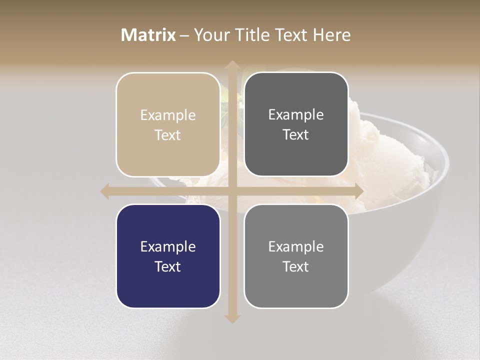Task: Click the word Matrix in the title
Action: tap(148, 35)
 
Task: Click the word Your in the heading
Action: tap(211, 35)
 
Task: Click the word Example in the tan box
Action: tap(168, 115)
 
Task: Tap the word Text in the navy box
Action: tap(168, 266)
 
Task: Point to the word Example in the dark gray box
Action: tap(296, 115)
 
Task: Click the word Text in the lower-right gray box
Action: tap(296, 266)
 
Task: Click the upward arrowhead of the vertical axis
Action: tap(232, 65)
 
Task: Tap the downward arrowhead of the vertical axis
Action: tap(232, 318)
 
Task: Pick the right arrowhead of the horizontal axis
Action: tap(358, 191)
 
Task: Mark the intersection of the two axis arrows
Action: tap(232, 191)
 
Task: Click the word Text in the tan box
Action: tap(168, 135)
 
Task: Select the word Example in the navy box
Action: tap(168, 247)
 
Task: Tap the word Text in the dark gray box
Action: tap(296, 134)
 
